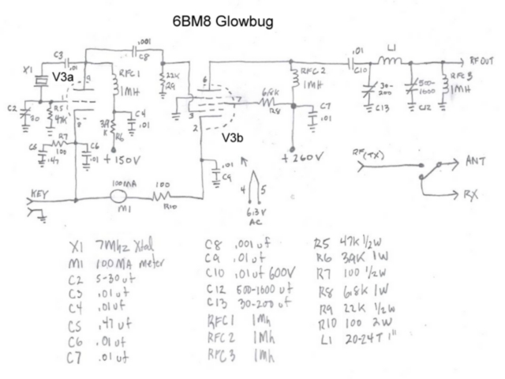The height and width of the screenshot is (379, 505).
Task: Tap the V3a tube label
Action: [63, 77]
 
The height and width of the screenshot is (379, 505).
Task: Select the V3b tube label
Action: [234, 137]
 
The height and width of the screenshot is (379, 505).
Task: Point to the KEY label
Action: [40, 192]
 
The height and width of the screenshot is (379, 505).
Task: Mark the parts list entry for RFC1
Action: [237, 324]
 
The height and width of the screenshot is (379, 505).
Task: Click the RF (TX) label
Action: [370, 155]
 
